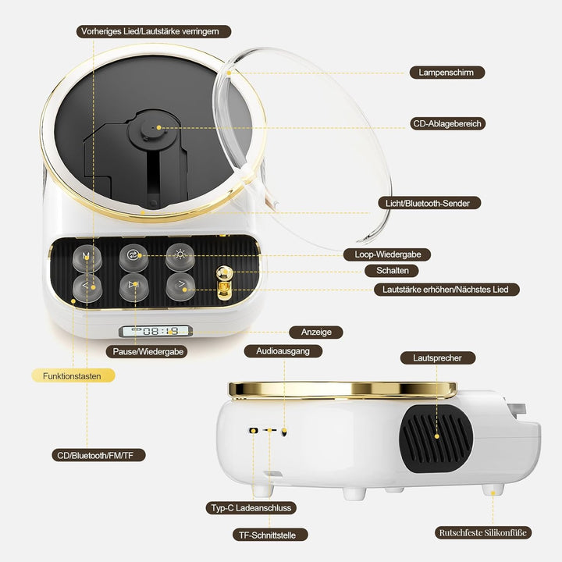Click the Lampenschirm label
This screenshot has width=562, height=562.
(x=447, y=73)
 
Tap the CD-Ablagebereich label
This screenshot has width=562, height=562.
(x=447, y=123)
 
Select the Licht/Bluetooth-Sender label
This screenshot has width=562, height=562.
(x=429, y=203)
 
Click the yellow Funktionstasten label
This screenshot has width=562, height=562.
(x=73, y=375)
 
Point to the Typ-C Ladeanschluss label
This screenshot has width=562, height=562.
(x=251, y=508)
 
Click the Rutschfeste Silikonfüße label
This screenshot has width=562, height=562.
(x=483, y=532)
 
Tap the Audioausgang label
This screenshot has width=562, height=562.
(x=283, y=351)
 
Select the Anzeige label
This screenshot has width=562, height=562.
(x=316, y=333)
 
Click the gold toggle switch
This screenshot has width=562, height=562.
(x=224, y=283)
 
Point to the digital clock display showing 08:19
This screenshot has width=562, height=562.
(x=155, y=331)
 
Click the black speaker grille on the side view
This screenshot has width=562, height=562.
(x=436, y=438)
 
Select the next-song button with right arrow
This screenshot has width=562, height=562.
(x=180, y=286)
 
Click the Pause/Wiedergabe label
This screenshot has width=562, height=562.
(x=147, y=351)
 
